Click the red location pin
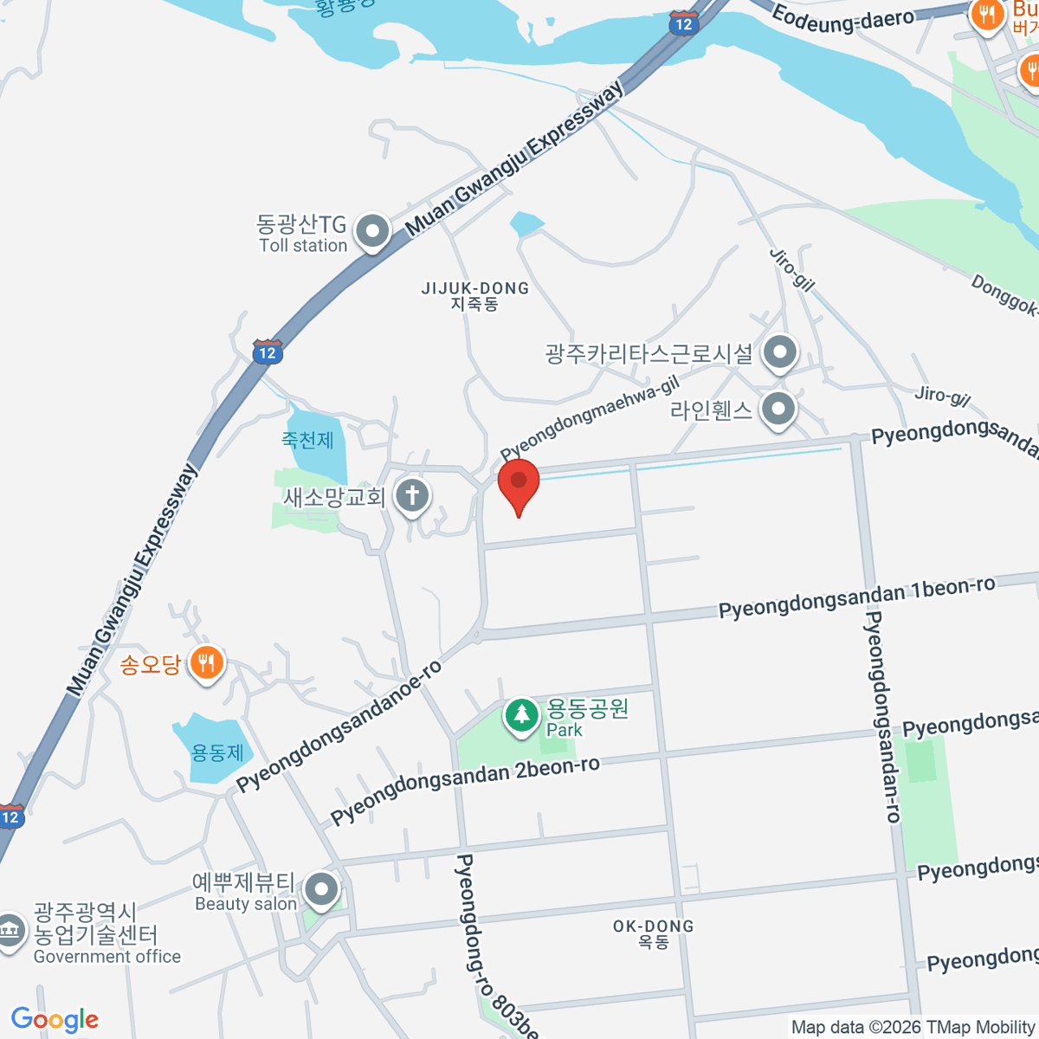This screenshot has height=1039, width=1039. (519, 484)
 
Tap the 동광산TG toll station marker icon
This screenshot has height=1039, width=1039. (373, 231)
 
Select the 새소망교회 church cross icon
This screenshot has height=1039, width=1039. (412, 496)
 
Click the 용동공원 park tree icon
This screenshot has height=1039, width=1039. (521, 715)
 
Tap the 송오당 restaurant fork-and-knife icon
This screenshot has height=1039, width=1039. (206, 664)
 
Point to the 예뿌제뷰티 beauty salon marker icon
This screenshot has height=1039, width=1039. (322, 889)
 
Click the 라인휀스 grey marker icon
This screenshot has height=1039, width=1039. (778, 409)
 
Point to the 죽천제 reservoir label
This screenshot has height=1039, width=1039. (307, 440)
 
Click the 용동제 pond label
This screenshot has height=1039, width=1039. (217, 752)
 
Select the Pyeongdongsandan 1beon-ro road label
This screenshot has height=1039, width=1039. (857, 597)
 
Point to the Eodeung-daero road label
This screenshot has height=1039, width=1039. (842, 19)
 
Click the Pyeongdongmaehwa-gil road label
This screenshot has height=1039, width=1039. (589, 417)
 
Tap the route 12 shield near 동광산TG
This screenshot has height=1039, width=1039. (268, 352)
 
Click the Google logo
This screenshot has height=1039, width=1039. (55, 1019)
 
